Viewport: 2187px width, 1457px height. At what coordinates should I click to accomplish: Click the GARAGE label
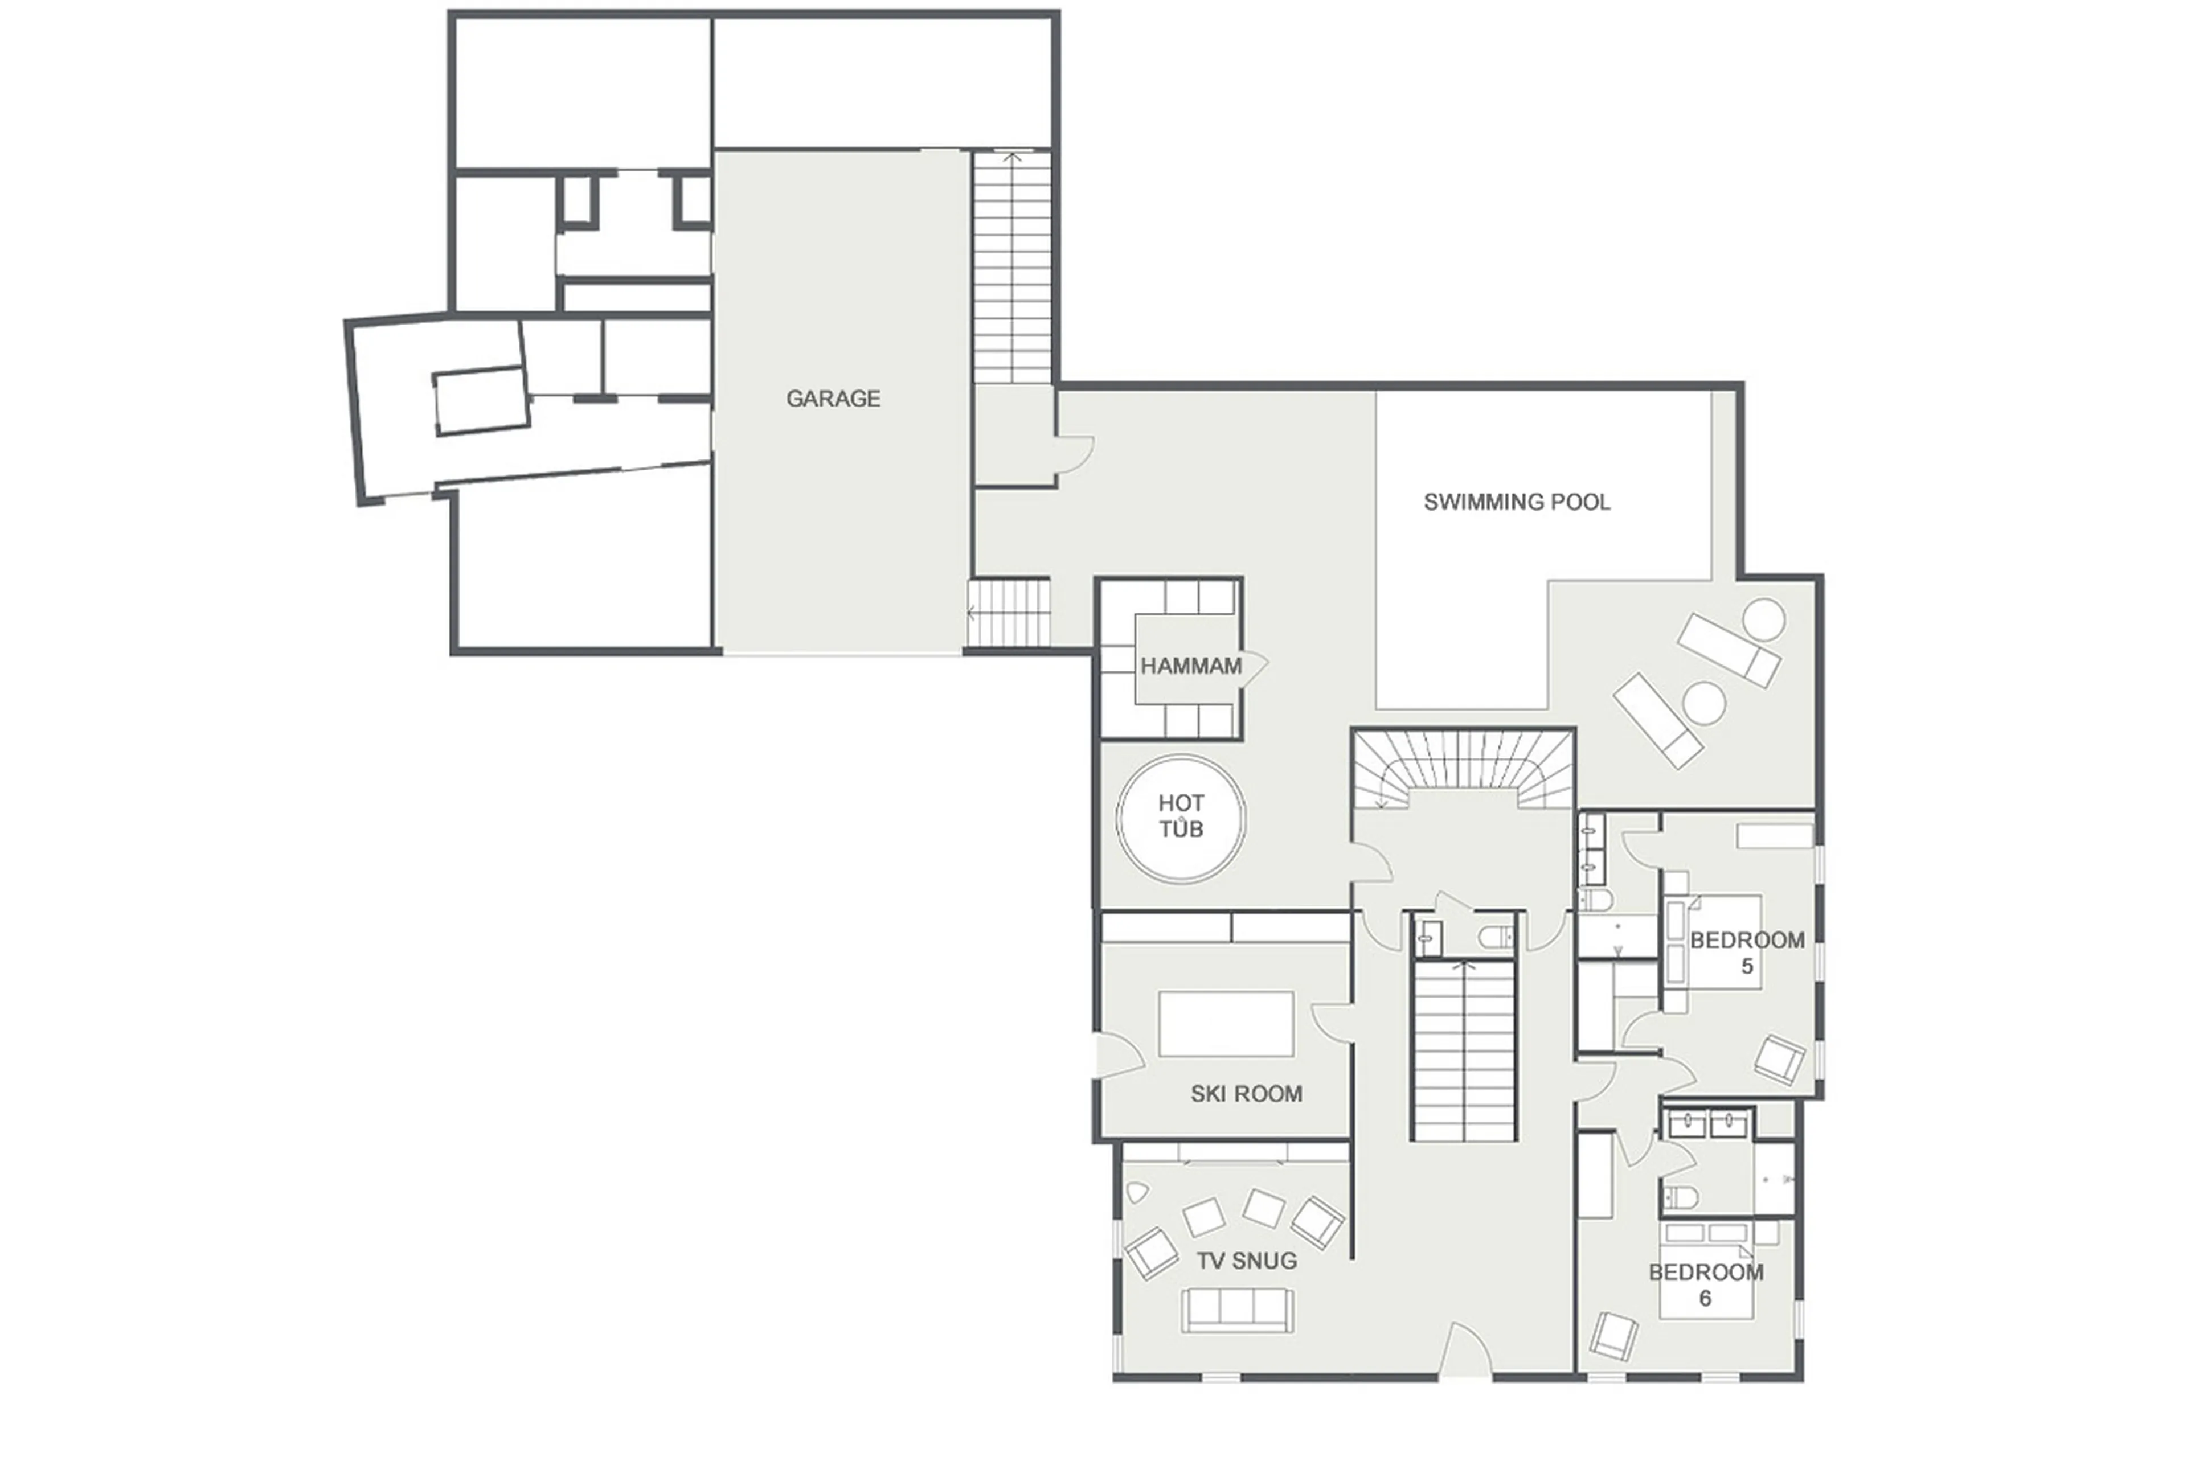point(832,399)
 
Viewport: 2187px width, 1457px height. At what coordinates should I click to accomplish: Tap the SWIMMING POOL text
point(1516,502)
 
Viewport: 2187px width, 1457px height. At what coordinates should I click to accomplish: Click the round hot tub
point(1181,818)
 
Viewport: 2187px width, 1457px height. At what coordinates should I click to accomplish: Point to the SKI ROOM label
point(1246,1094)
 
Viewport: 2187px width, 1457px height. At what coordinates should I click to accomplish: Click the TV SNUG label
point(1246,1261)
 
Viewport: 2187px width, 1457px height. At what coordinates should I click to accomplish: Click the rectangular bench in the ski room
point(1225,1023)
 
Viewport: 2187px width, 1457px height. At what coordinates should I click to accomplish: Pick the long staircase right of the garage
point(1011,269)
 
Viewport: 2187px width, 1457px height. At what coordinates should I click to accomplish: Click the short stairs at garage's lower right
point(1009,613)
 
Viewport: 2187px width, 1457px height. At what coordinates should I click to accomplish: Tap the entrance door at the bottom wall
point(1465,1355)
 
